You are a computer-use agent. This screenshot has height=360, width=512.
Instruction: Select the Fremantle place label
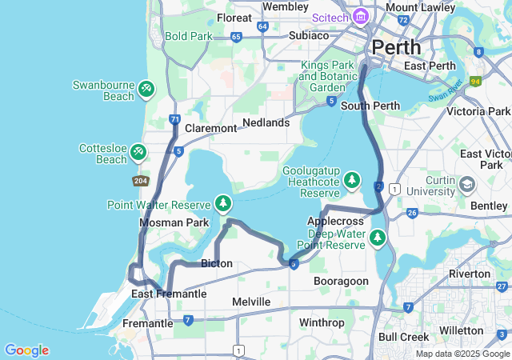coord(147,323)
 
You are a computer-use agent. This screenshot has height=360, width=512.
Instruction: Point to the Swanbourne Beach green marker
coord(146,89)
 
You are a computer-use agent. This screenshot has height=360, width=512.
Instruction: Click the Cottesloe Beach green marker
coord(138,150)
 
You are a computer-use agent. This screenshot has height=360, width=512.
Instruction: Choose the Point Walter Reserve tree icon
coord(222,204)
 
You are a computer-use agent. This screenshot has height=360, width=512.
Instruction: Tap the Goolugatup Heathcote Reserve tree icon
coord(351,182)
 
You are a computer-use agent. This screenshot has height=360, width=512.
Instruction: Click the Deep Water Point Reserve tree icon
coord(377,237)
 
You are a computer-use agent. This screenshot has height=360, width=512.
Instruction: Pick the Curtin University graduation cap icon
coord(467,185)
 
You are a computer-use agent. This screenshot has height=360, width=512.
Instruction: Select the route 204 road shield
coord(139,181)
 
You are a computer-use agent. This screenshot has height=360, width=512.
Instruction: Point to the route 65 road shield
coord(235,37)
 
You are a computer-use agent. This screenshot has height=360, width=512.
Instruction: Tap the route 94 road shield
coord(475,81)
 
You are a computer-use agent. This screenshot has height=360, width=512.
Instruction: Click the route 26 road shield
coord(412,212)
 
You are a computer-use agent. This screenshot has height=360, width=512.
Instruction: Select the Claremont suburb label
coord(210,128)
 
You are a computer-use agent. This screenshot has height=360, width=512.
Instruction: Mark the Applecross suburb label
coord(331,220)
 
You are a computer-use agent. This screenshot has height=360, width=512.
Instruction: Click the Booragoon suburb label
coord(341,281)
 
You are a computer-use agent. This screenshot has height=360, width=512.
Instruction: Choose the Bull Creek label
coord(402,338)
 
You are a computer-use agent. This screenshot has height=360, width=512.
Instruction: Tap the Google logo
coord(27,350)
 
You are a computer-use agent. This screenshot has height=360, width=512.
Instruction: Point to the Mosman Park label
coord(174,222)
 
